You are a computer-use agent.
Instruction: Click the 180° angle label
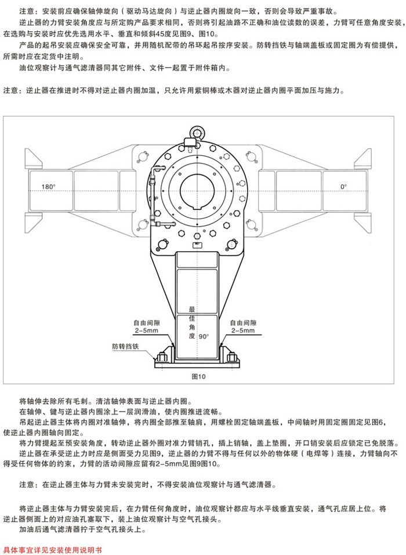point(49,187)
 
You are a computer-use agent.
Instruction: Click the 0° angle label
point(343,187)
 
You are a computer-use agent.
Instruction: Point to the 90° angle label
point(204,336)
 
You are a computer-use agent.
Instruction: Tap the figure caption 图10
point(198,376)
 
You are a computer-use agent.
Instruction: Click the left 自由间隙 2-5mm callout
point(147,327)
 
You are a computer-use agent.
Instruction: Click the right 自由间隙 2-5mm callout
point(243,327)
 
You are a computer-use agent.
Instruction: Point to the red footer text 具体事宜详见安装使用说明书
point(52,550)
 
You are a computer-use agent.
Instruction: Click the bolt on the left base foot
point(162,357)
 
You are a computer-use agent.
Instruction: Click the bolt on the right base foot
point(232,357)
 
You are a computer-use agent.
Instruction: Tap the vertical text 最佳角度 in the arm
point(192,322)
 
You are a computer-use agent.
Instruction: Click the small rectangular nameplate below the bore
point(197,245)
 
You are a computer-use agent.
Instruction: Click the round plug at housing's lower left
point(162,244)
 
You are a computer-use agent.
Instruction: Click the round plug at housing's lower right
point(232,244)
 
